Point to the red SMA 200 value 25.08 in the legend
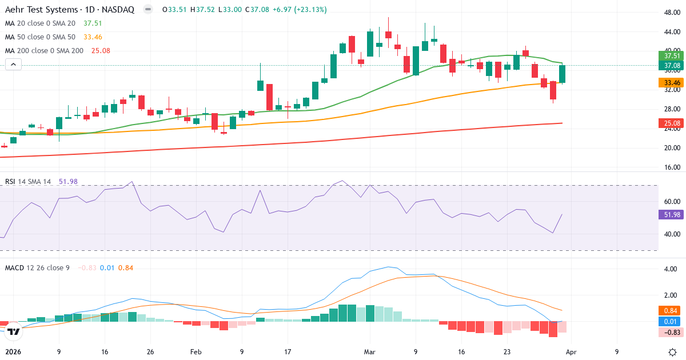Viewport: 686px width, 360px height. pos(101,51)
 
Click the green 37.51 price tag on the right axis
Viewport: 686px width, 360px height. pos(672,55)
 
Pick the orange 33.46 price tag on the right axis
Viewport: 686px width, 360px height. pos(672,82)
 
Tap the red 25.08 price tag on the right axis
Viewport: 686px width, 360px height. pos(672,123)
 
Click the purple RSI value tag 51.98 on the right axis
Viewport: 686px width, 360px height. pos(672,215)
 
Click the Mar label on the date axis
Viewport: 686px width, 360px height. pos(370,352)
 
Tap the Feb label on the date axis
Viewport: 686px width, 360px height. pos(196,352)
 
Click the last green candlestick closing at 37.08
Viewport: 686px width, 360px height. pos(563,74)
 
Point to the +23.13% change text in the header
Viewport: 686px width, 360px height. pos(311,10)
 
